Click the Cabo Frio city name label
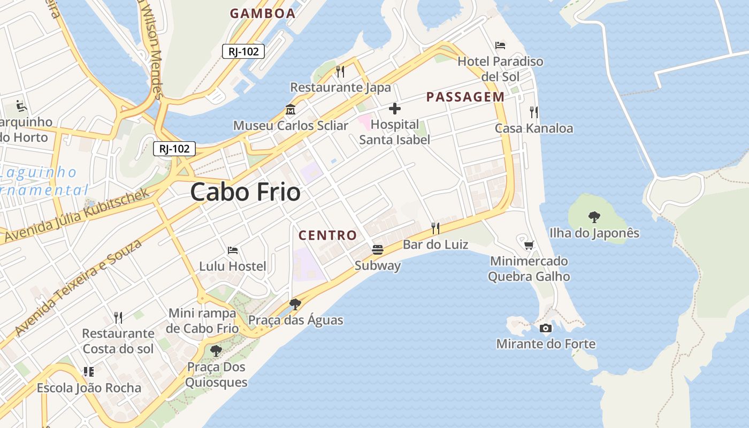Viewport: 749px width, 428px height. (246, 192)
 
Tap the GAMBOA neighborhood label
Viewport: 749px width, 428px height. (263, 14)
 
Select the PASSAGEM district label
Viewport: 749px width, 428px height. (465, 97)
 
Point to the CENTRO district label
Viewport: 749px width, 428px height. (327, 235)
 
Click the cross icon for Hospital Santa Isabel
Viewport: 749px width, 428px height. (395, 109)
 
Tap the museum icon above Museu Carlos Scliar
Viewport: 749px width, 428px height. (291, 110)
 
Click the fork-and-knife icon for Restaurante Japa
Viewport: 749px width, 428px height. (340, 71)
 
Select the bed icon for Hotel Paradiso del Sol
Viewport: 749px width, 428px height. (500, 45)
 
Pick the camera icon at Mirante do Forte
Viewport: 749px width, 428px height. (546, 328)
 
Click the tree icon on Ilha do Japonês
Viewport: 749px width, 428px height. (594, 217)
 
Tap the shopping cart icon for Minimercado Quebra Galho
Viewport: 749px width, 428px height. (529, 246)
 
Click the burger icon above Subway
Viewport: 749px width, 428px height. (378, 250)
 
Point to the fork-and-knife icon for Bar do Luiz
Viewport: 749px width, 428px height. (435, 228)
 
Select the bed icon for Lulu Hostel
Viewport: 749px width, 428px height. (233, 250)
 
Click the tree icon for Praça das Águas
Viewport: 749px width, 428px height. (295, 304)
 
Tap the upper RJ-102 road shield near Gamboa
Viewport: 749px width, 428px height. (243, 51)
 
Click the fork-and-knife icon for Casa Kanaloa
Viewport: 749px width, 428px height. (533, 112)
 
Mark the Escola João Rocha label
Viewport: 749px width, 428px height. (89, 388)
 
